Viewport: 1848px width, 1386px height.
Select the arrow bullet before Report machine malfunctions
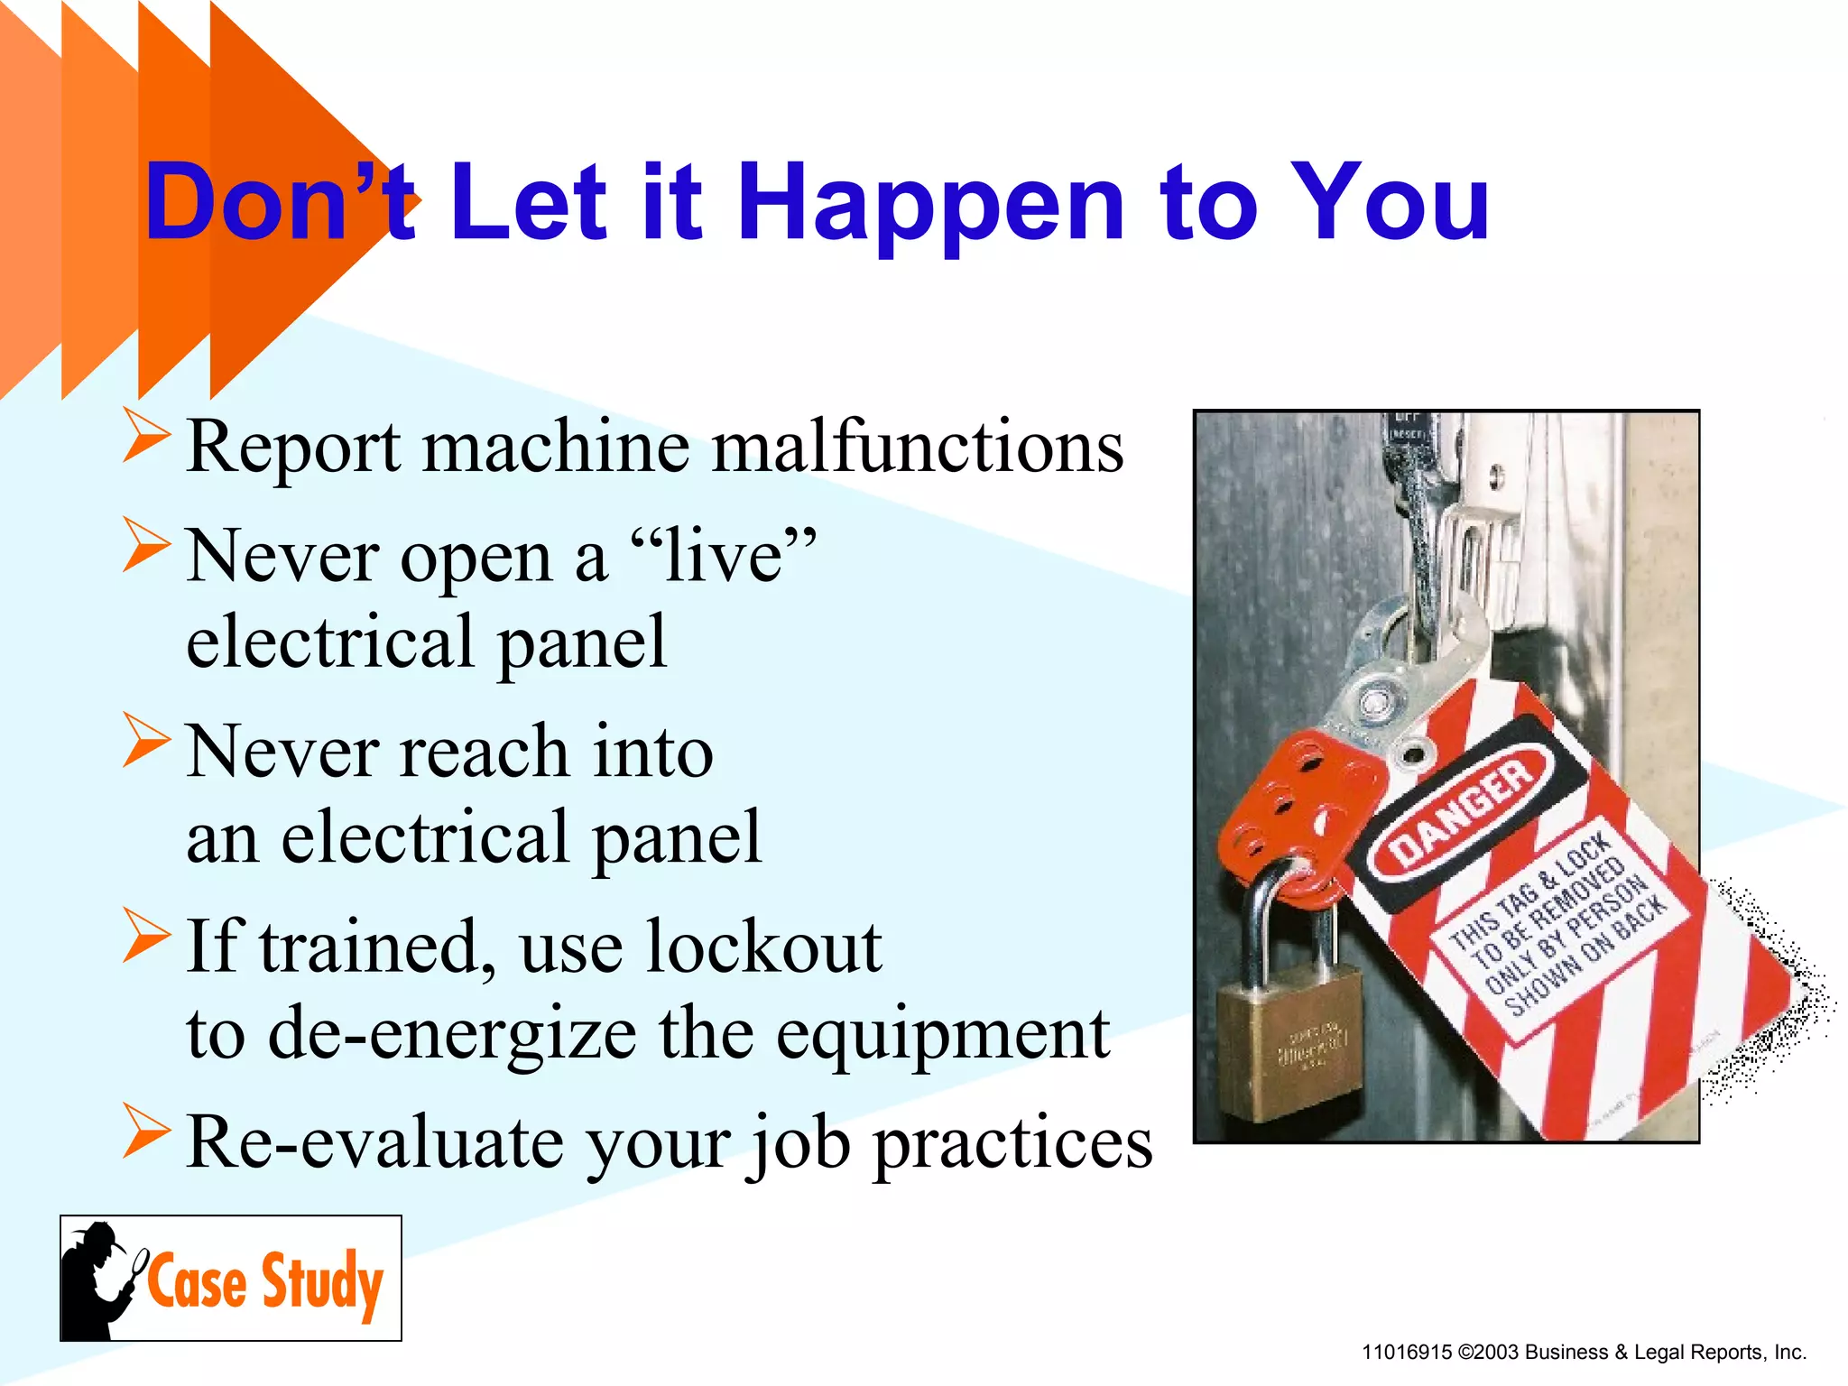point(146,436)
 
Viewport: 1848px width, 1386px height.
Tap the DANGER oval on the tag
point(1461,813)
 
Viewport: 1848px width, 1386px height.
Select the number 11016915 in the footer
point(1407,1353)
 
